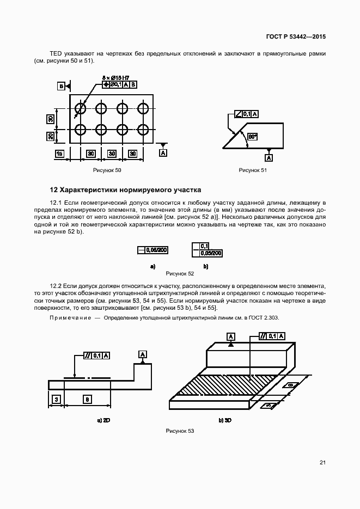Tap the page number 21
[x=322, y=463]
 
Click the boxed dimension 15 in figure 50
[x=60, y=154]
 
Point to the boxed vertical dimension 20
[x=49, y=136]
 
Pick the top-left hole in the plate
[x=81, y=108]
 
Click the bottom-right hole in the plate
[x=143, y=130]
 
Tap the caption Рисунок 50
[x=107, y=170]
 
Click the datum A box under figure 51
[x=269, y=157]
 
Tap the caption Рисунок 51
[x=253, y=170]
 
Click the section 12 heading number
[x=53, y=190]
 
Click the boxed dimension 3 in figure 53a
[x=56, y=400]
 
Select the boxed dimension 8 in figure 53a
[x=88, y=400]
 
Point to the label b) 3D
[x=225, y=421]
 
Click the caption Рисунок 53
[x=180, y=431]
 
